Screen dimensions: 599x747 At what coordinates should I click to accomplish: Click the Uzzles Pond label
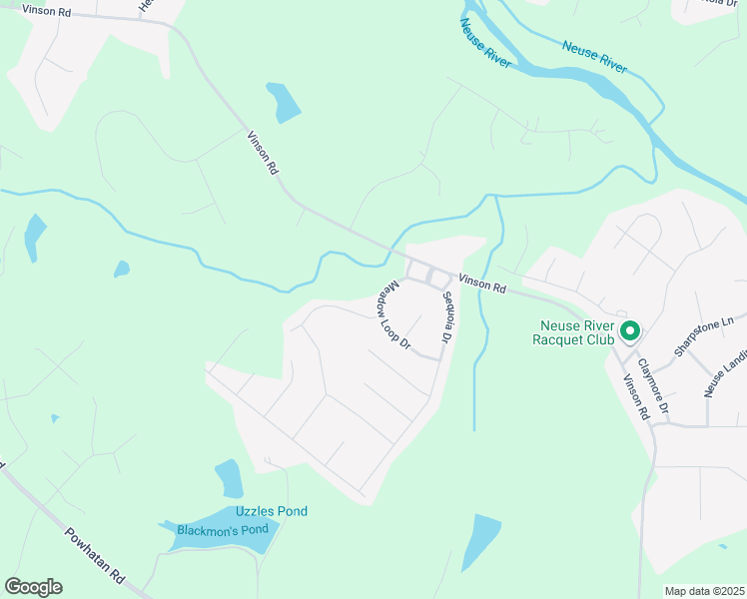[271, 511]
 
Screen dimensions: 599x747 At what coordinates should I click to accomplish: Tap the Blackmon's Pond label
[223, 529]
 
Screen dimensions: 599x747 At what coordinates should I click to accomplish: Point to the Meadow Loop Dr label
[393, 314]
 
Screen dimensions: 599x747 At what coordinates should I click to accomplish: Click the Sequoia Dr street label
[447, 324]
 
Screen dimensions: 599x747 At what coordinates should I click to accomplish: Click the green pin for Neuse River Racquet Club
[630, 330]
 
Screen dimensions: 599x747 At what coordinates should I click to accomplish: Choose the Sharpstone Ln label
[703, 335]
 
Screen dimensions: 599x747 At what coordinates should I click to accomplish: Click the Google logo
[33, 587]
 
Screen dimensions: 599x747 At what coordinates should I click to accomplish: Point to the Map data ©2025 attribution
[703, 591]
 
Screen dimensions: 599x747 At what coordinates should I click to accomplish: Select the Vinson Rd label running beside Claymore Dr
[636, 396]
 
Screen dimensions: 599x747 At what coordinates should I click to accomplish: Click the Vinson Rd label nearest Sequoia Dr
[482, 284]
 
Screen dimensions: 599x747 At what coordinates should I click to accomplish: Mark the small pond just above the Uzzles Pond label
[229, 479]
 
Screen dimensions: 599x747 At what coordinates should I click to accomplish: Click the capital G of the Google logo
[14, 587]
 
